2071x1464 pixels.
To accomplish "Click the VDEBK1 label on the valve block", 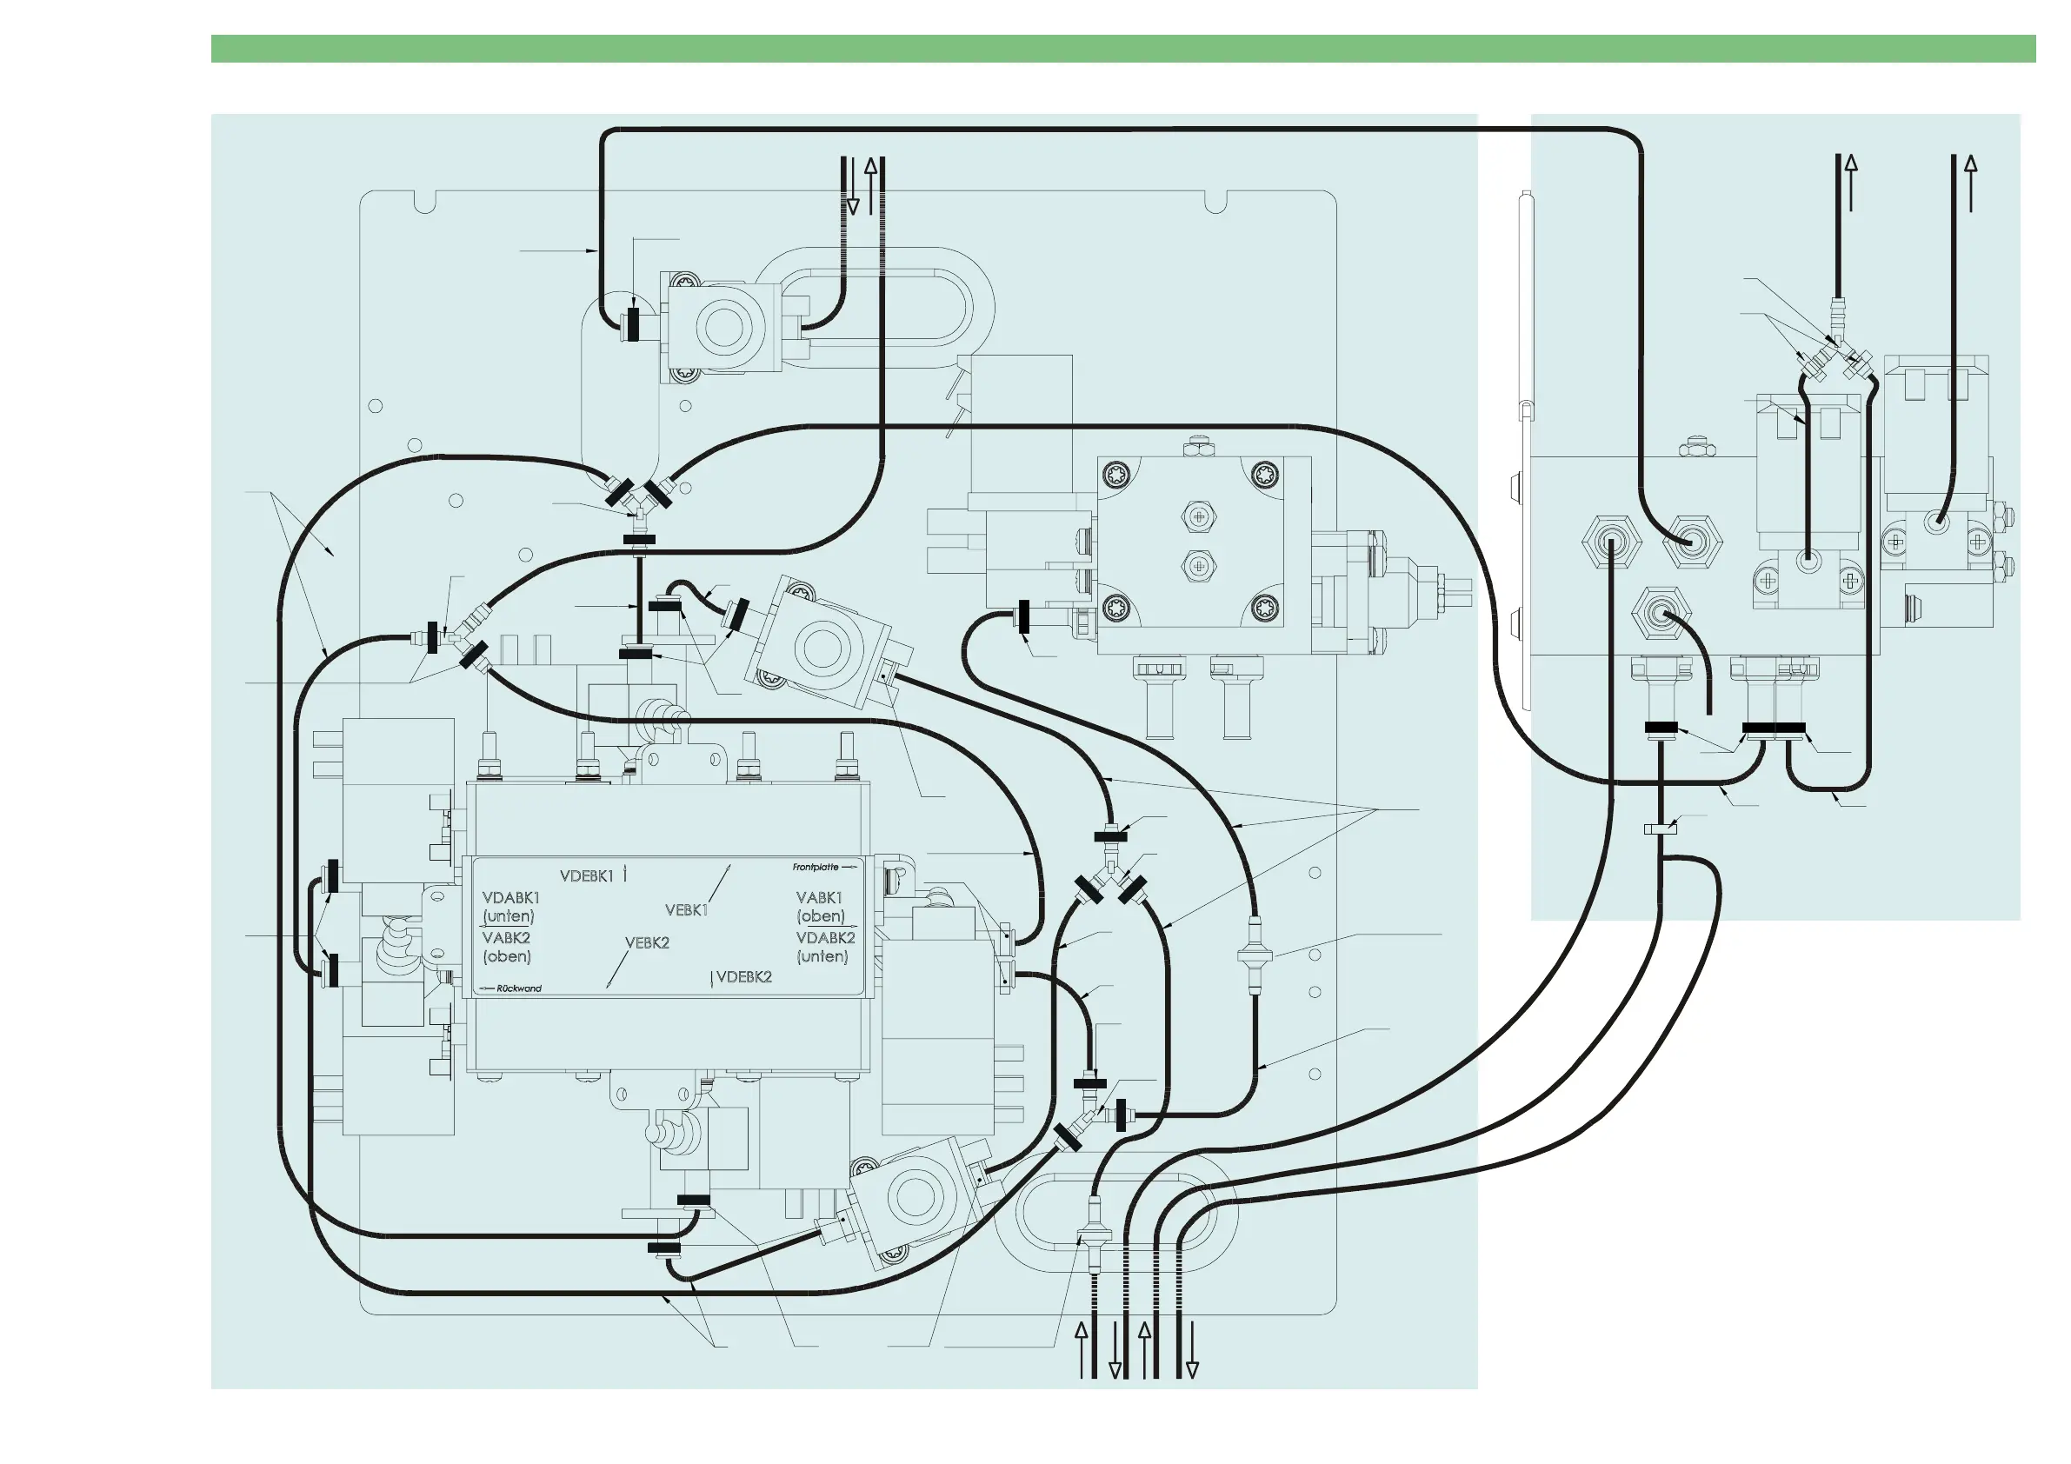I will point(586,875).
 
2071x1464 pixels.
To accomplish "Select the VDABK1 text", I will point(510,897).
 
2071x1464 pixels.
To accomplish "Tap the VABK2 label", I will point(506,938).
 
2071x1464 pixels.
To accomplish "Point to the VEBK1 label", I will point(687,910).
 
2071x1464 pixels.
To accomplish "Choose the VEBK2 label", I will point(647,942).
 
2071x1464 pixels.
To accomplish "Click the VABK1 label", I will point(819,897).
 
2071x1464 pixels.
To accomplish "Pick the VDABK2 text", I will point(825,938).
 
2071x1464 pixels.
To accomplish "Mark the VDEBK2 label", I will point(744,977).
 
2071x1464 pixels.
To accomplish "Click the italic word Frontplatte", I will point(816,867).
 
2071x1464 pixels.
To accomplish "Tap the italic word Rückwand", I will point(519,988).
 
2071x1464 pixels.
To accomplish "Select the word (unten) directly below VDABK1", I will point(508,916).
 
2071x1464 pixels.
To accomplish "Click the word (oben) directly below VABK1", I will point(821,916).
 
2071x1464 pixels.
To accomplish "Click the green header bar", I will point(1123,49).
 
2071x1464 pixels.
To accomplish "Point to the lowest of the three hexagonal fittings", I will point(1661,616).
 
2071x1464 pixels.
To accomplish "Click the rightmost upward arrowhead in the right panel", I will point(1970,164).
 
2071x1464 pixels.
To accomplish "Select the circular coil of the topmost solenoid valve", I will point(723,327).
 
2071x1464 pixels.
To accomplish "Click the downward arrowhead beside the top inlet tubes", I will point(851,207).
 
